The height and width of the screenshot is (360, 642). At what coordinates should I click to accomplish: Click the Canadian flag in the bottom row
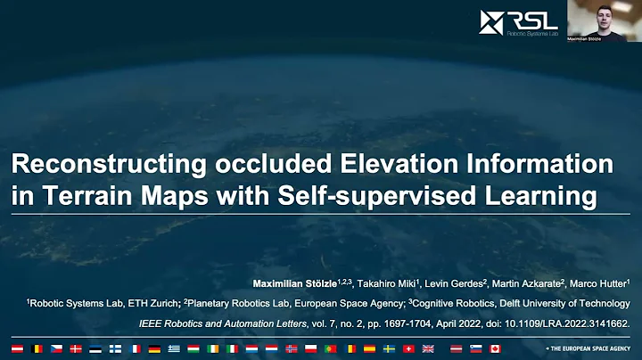point(495,348)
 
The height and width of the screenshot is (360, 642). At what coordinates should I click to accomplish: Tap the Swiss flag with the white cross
point(408,348)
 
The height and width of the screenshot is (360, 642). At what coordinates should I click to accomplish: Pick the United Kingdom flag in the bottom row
point(428,348)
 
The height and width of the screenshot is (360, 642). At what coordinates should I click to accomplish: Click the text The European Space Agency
point(588,348)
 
